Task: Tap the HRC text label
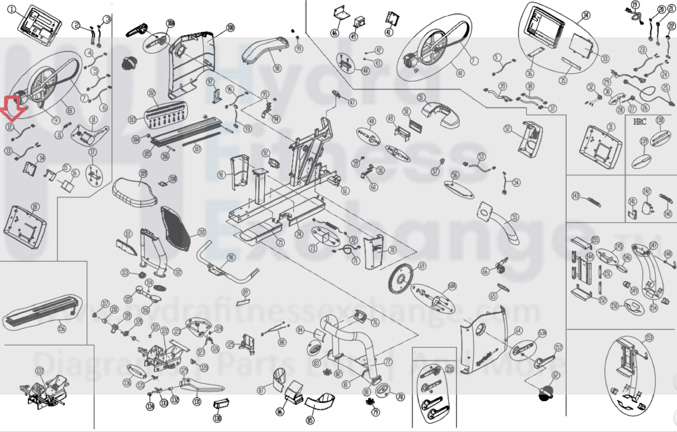639,122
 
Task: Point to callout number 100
230,28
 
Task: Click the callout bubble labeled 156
62,328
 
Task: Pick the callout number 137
39,371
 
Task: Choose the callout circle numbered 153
649,338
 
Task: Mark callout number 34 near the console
586,15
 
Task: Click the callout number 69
422,266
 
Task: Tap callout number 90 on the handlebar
231,257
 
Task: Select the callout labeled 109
143,173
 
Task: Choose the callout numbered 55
514,217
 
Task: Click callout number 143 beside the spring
575,196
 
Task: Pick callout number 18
35,206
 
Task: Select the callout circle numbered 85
310,420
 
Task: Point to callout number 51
421,97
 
